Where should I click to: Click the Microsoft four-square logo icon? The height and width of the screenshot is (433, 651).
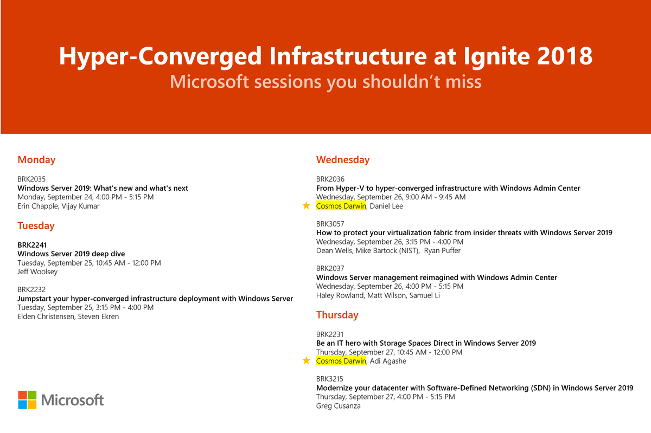[x=27, y=400]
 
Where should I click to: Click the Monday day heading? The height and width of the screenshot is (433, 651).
[x=36, y=160]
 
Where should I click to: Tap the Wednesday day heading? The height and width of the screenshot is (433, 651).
[x=343, y=160]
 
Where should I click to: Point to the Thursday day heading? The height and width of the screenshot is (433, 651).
[x=337, y=315]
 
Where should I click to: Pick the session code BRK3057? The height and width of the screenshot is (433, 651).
[x=330, y=224]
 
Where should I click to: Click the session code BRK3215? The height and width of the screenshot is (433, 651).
[x=330, y=379]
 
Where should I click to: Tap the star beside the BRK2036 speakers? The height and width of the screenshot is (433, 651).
[x=307, y=206]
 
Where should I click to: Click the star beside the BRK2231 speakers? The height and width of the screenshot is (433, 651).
[x=307, y=361]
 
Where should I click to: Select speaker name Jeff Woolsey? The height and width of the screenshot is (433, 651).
[x=37, y=272]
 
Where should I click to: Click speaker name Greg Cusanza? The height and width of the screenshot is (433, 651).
[x=339, y=406]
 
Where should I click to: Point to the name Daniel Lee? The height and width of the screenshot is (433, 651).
[x=386, y=206]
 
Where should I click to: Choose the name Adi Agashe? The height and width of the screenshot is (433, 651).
[x=388, y=361]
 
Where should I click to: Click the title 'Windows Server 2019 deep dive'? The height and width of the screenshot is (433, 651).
[x=71, y=254]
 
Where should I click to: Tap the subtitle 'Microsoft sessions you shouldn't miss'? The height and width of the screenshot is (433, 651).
[x=325, y=81]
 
